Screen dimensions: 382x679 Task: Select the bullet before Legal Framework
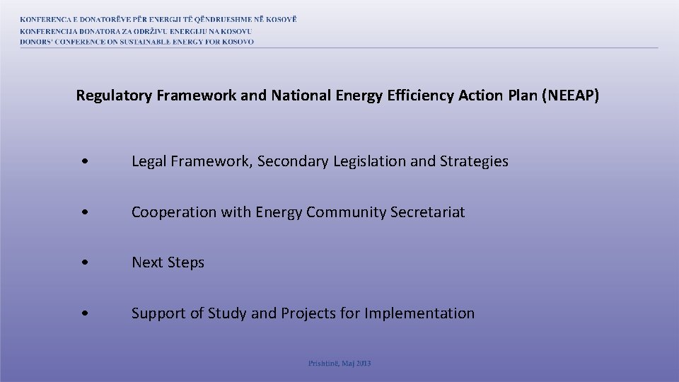point(85,162)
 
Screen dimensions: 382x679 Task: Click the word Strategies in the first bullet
point(474,161)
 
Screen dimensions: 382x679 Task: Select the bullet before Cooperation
point(85,212)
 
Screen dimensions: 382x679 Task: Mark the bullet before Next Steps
point(85,262)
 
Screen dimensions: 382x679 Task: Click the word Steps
point(186,262)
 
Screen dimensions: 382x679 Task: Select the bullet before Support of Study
point(85,313)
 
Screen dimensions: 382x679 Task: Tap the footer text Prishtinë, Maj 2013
point(339,364)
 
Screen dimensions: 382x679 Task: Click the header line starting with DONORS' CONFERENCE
point(137,42)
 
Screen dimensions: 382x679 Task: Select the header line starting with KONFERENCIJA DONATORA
point(136,31)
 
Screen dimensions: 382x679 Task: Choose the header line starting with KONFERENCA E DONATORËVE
point(158,20)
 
